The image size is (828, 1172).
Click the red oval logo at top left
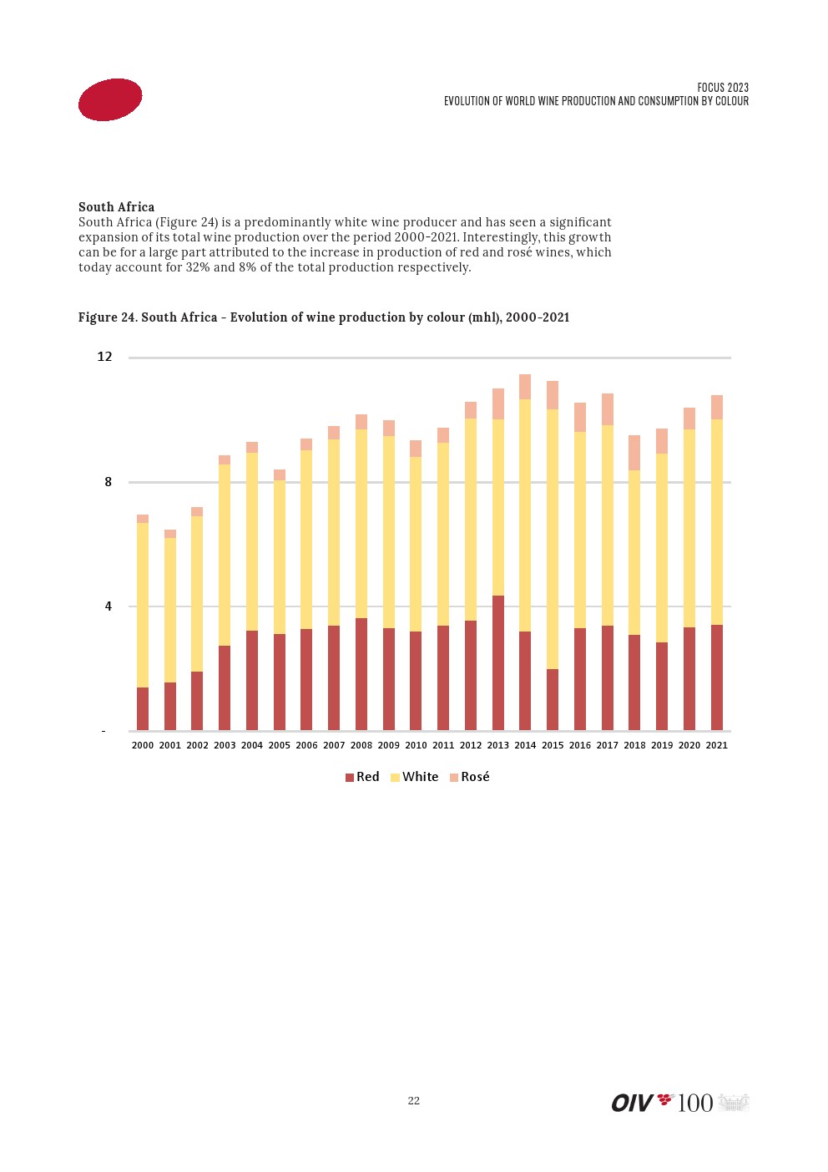coord(110,99)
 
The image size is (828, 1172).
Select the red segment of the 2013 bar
coord(498,662)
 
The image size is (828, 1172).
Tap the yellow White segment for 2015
coord(553,539)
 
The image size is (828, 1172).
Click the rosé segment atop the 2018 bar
coord(634,453)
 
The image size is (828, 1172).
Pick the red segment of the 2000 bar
coord(143,708)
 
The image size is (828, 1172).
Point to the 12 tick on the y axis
coord(104,357)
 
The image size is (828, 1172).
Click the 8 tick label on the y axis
coord(108,482)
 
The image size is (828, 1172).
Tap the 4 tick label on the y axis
coord(108,606)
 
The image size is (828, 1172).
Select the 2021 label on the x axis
coord(717,745)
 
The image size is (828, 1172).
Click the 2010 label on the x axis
coord(416,745)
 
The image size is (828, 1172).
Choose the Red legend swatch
coord(350,778)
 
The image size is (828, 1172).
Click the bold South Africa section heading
coord(116,207)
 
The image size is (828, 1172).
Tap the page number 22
coord(414,1101)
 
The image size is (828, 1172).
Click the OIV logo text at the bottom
coord(632,1103)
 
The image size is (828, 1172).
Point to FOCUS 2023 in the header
coord(723,88)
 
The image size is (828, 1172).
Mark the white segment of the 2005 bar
coord(280,556)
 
